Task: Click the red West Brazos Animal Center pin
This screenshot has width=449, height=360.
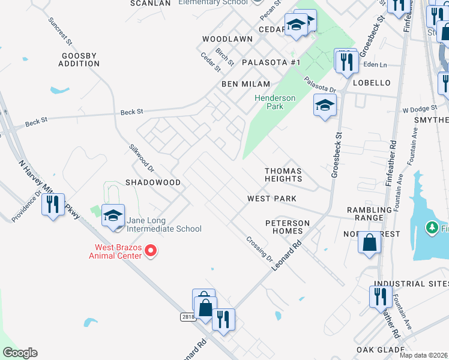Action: pos(151,251)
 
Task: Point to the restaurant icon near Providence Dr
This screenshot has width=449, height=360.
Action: pos(53,205)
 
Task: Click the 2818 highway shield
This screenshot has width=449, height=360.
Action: pos(188,316)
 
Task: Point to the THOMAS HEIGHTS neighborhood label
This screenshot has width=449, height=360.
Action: pos(283,175)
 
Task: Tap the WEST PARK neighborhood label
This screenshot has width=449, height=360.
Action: pos(272,199)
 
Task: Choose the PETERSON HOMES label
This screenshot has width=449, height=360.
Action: pos(288,227)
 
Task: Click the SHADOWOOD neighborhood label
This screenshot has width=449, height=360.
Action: pos(153,182)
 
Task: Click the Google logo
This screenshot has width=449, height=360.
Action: pos(20,353)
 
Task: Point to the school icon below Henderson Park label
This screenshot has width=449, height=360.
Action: pos(325,106)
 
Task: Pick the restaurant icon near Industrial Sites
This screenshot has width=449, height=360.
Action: pos(380,296)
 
